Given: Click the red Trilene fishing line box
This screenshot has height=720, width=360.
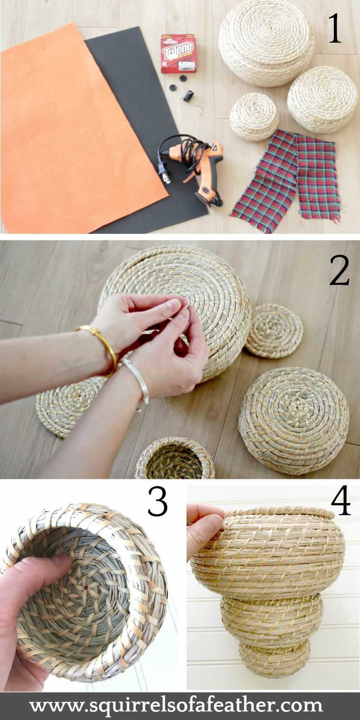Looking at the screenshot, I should point(179,54).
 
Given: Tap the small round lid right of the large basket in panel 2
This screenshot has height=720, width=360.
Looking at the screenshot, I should point(274,330).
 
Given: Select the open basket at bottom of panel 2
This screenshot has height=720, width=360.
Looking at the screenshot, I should point(175,459).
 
